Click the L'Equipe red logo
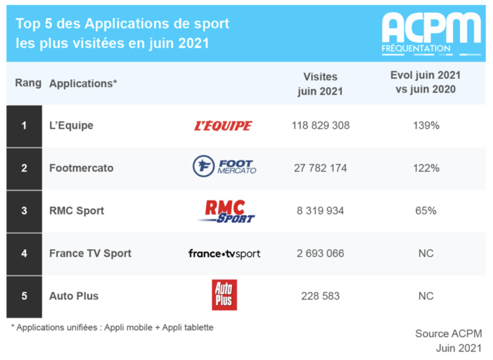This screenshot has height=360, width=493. pyautogui.click(x=223, y=126)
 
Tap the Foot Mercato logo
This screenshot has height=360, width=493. pyautogui.click(x=224, y=167)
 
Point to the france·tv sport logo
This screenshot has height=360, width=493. pyautogui.click(x=224, y=253)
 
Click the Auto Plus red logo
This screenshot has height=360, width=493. pyautogui.click(x=224, y=296)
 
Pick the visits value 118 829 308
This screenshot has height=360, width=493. pyautogui.click(x=321, y=126)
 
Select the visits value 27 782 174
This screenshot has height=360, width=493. pyautogui.click(x=321, y=168)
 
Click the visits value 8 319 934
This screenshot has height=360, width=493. pyautogui.click(x=321, y=210)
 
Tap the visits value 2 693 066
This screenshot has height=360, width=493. pyautogui.click(x=321, y=253)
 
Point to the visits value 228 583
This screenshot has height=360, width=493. pyautogui.click(x=321, y=296)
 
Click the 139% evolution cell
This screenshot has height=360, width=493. pyautogui.click(x=426, y=126)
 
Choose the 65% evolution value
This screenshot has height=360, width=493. pyautogui.click(x=426, y=210)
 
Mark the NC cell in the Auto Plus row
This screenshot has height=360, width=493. pyautogui.click(x=426, y=296)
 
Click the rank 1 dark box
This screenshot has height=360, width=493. pyautogui.click(x=24, y=126)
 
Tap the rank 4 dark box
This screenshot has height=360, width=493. pyautogui.click(x=24, y=253)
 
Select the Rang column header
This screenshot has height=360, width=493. pyautogui.click(x=28, y=83)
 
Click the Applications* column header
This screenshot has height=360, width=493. pyautogui.click(x=83, y=83)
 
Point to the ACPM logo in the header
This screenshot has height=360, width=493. pyautogui.click(x=431, y=31)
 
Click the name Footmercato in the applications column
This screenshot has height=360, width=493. pyautogui.click(x=82, y=168)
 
